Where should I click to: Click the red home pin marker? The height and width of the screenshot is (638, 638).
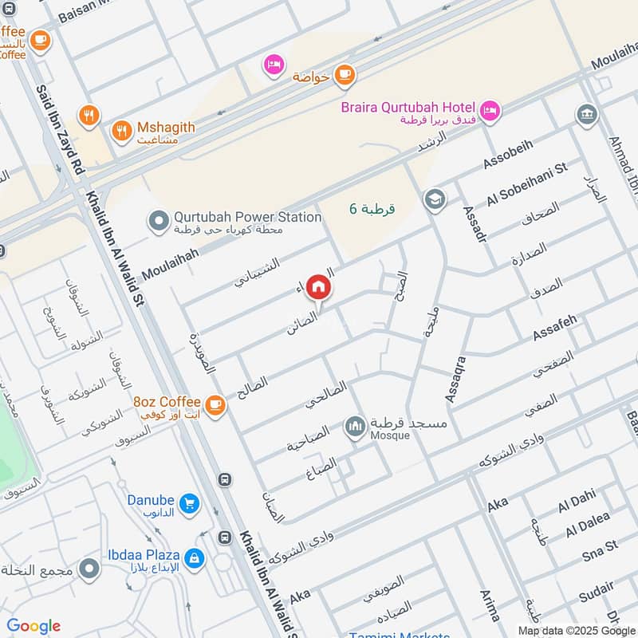point(318,287)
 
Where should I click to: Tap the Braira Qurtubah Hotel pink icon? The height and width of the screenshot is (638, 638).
point(490,108)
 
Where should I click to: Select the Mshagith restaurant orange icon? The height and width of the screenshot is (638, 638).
point(121,131)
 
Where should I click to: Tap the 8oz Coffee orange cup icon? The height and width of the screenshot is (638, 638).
point(215,405)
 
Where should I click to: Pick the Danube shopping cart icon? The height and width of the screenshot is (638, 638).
point(189,503)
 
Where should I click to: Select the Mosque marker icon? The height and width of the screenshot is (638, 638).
point(354,427)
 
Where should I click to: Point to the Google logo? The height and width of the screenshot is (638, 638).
point(33,626)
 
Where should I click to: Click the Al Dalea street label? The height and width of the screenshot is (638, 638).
point(587,526)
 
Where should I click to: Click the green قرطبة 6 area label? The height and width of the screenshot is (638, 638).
point(372,210)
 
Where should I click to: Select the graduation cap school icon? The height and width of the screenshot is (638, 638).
point(435,198)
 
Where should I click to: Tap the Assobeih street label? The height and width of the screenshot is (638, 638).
point(508,158)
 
